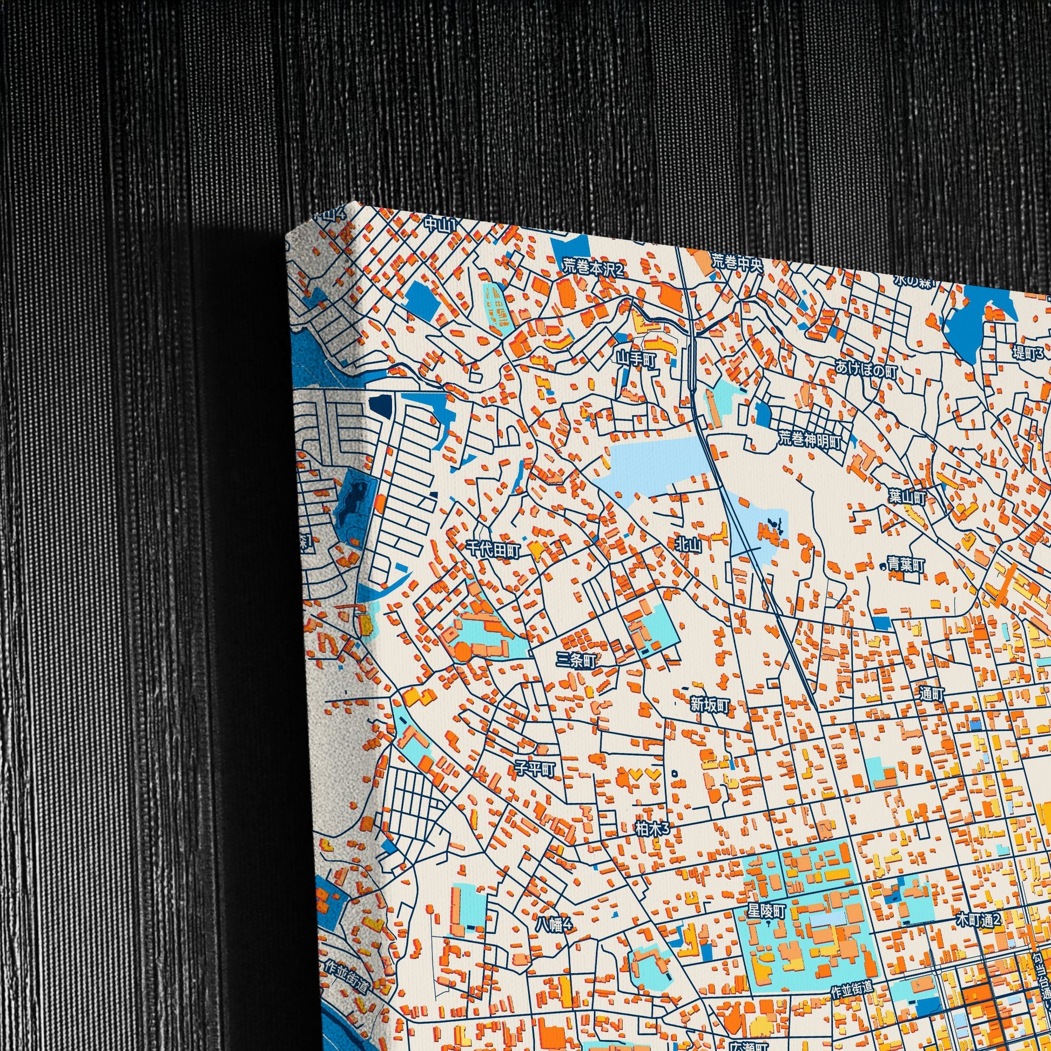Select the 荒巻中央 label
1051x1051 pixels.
click(x=737, y=264)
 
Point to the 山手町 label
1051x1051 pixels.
click(x=637, y=359)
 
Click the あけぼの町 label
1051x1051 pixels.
click(x=867, y=371)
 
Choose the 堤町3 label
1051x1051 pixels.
click(x=1027, y=353)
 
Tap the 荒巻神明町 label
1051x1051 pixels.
click(x=810, y=440)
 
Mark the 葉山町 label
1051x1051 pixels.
click(x=907, y=497)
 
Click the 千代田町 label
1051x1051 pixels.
click(x=494, y=550)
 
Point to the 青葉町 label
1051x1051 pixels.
click(x=906, y=565)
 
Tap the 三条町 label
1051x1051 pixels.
click(x=577, y=661)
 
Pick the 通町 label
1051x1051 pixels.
click(x=932, y=694)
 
